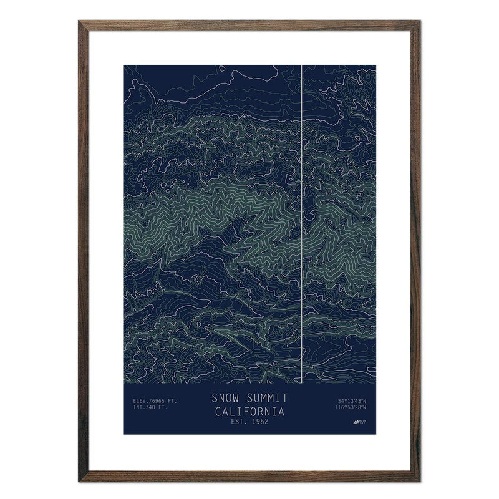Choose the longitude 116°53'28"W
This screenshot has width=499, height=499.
click(x=352, y=408)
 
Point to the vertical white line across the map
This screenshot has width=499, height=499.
click(x=301, y=218)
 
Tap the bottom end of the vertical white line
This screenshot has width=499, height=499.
click(x=301, y=382)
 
